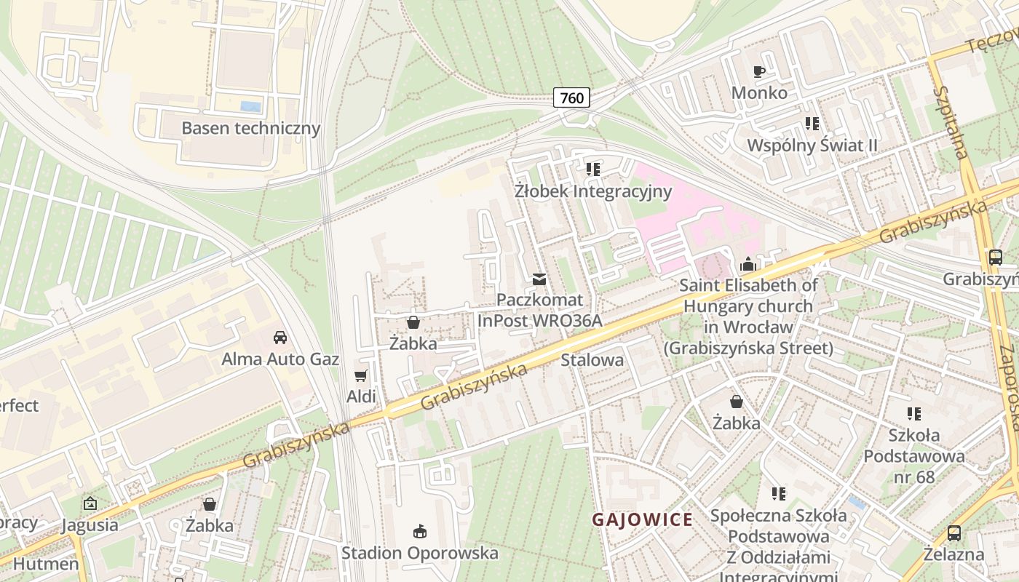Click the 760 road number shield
[x=571, y=97]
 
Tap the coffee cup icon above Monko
[x=759, y=71]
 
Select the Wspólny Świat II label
[x=812, y=145]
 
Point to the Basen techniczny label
[x=250, y=128]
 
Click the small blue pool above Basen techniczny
[x=250, y=107]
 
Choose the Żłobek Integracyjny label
[x=592, y=191]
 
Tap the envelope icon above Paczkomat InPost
[x=539, y=279]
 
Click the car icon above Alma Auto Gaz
[x=279, y=338]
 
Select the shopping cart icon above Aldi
[x=360, y=375]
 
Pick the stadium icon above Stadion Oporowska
[x=420, y=532]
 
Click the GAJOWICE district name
[x=642, y=519]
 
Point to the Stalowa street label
[x=592, y=360]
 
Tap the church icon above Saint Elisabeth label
[x=748, y=264]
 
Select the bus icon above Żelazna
[x=953, y=533]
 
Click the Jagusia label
[x=90, y=525]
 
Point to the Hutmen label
[x=46, y=564]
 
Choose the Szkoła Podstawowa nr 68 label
[x=914, y=456]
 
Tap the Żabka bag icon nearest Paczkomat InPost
[x=413, y=322]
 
